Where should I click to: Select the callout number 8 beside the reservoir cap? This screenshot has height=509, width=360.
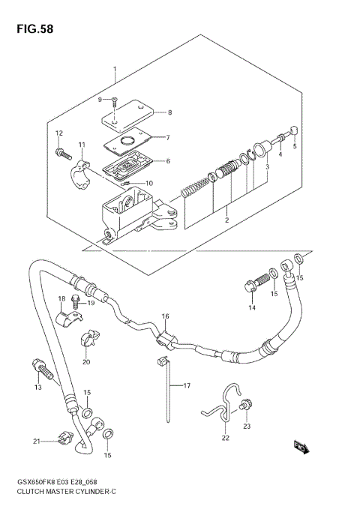point(169,112)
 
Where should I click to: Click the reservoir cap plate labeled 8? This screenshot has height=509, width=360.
point(127,112)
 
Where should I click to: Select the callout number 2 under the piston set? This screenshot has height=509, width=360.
point(224,220)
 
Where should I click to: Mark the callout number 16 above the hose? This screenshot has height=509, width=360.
point(165,316)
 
